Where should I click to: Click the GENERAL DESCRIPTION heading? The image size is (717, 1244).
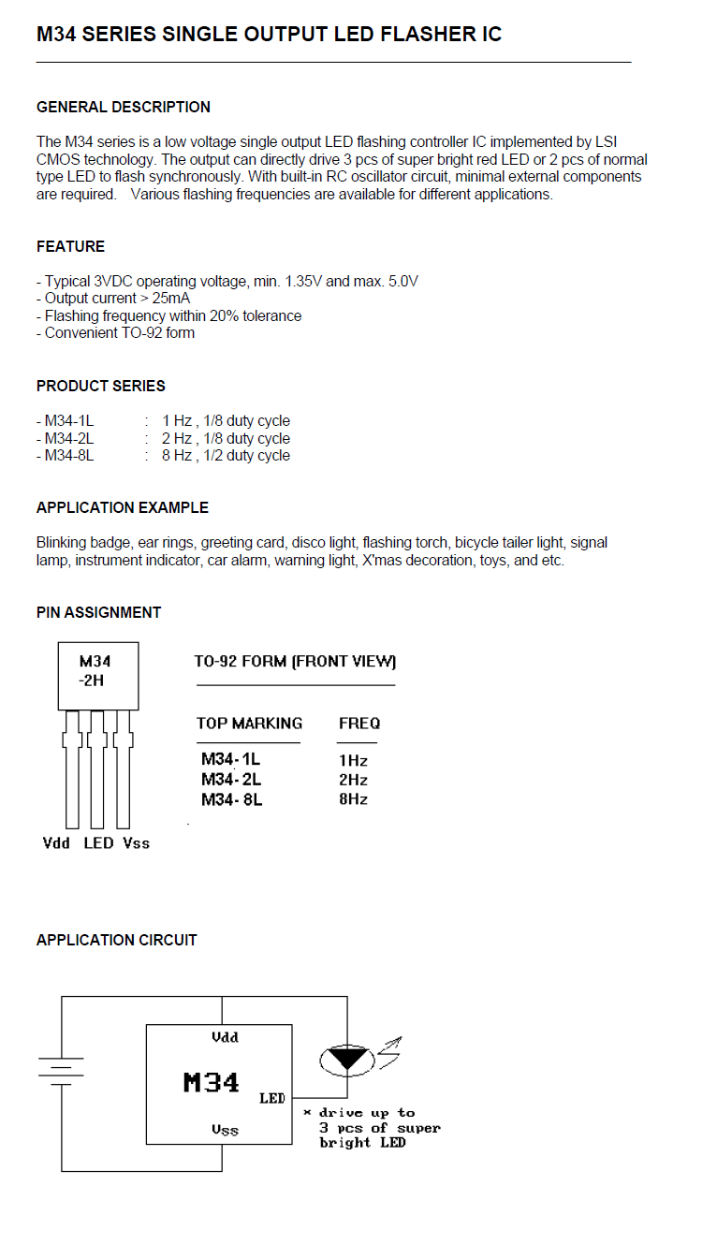click(x=124, y=107)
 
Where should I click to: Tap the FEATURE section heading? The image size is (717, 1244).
click(x=70, y=246)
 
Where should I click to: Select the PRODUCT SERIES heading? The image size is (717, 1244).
click(x=100, y=386)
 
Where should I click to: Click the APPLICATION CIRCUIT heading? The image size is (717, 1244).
click(x=116, y=940)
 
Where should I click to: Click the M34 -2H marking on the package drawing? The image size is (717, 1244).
click(x=95, y=671)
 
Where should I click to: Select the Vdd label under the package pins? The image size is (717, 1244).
click(x=56, y=843)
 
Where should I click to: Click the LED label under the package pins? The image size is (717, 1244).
click(x=98, y=843)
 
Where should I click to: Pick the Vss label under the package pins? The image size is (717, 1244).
click(x=136, y=843)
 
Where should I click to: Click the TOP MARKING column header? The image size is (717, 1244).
click(x=249, y=724)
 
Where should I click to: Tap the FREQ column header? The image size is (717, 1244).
click(x=358, y=724)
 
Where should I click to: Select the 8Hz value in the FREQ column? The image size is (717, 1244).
click(x=353, y=799)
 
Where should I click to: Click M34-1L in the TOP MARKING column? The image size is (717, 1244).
click(x=231, y=760)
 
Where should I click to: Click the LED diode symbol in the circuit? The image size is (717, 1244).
click(x=347, y=1059)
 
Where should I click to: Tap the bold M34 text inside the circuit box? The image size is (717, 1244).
click(x=211, y=1083)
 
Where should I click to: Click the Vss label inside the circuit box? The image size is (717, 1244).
click(x=225, y=1130)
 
